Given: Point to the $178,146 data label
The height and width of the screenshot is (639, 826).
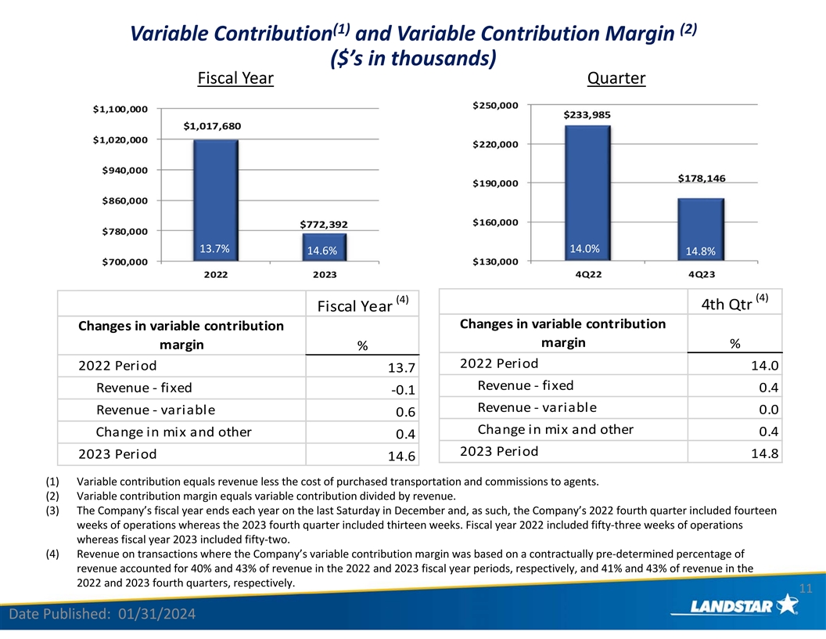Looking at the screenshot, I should point(702,179).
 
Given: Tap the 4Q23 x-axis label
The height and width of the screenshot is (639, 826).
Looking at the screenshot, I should point(702,274).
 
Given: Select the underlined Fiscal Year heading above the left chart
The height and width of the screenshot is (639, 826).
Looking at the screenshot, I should point(235,79).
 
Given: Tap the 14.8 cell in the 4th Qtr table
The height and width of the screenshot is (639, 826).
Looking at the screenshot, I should point(764,453).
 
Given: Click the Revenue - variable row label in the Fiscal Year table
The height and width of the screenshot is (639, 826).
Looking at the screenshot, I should point(156,410).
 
